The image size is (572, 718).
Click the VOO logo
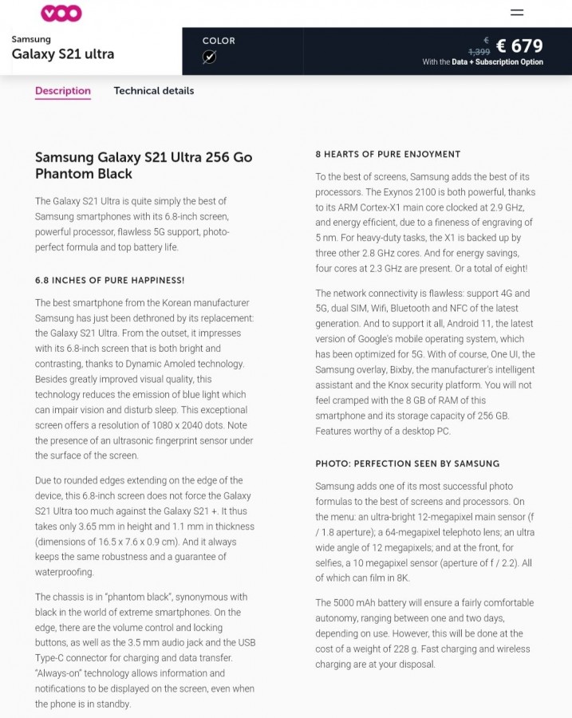pyautogui.click(x=61, y=13)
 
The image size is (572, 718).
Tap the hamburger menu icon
pyautogui.click(x=517, y=13)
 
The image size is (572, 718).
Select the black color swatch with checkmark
pyautogui.click(x=209, y=57)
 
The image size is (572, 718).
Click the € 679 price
pyautogui.click(x=519, y=46)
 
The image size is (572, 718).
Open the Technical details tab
pyautogui.click(x=154, y=91)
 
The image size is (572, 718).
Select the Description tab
pyautogui.click(x=63, y=91)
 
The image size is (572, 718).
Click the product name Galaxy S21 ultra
pyautogui.click(x=63, y=54)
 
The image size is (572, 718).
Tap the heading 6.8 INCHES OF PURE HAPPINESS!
pyautogui.click(x=110, y=280)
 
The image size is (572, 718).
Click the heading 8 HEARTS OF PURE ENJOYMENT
pyautogui.click(x=388, y=154)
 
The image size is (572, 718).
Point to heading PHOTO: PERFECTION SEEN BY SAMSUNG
pyautogui.click(x=407, y=464)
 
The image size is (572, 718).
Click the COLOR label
pyautogui.click(x=219, y=41)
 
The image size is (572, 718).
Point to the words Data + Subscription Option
pyautogui.click(x=497, y=62)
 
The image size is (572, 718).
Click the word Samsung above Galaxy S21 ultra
pyautogui.click(x=31, y=39)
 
